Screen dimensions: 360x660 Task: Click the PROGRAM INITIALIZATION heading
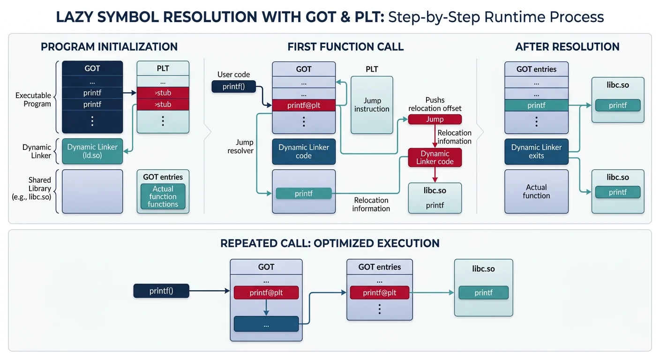coord(109,47)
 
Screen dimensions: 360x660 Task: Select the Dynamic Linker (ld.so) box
coord(92,151)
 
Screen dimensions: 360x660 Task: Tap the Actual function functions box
coord(163,196)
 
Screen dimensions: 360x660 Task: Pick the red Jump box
coord(435,119)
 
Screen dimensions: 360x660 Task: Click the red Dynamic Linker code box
coord(435,157)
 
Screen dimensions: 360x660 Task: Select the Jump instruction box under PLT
coord(372,105)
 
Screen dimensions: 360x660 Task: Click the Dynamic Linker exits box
coord(536,151)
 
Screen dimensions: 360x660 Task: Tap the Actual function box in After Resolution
coord(536,191)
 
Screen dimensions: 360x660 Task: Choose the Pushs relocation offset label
coord(435,104)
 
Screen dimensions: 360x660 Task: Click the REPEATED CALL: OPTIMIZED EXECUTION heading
coord(330,243)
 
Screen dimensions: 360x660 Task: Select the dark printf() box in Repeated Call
coord(161,291)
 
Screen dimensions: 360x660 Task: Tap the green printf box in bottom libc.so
coord(483,292)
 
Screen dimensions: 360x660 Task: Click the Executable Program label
coord(33,99)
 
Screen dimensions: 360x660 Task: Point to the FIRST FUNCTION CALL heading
coord(345,47)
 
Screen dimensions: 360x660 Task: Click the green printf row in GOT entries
coord(536,105)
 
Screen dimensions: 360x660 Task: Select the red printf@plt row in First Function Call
coord(304,105)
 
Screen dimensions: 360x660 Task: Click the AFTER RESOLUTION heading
coord(567,47)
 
